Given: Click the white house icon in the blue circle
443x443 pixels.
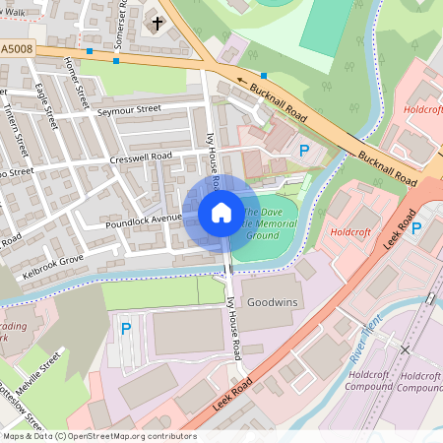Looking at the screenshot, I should click(221, 213).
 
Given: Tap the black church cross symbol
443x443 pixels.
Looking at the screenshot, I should click(156, 22).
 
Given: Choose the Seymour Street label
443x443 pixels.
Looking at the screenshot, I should click(129, 110).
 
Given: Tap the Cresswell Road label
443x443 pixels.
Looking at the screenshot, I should click(141, 156).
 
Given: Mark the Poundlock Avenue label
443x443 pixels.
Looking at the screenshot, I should click(145, 219).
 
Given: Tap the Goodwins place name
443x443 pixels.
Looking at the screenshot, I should click(273, 301).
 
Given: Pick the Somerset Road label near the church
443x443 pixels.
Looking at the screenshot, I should click(123, 20).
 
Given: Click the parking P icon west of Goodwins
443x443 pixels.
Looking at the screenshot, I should click(125, 329).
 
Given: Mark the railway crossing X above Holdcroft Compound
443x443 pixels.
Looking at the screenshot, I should click(405, 349).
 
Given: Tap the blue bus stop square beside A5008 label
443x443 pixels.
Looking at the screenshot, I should click(90, 50).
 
